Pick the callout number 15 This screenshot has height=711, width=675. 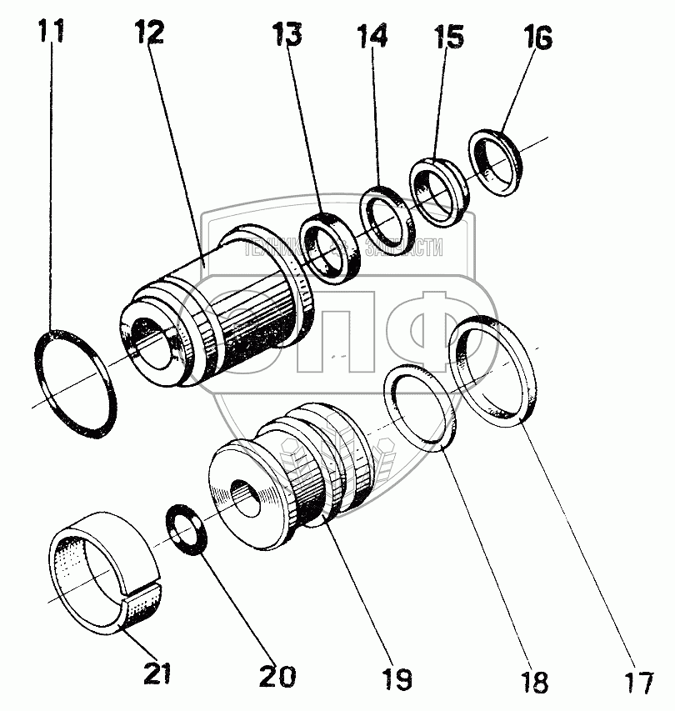(448, 40)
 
